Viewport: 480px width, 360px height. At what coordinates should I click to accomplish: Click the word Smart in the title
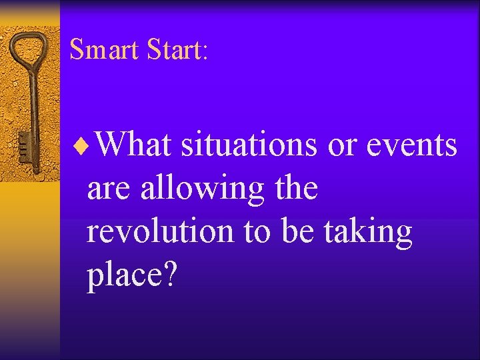pos(104,49)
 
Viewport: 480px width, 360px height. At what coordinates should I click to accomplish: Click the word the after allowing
pos(295,188)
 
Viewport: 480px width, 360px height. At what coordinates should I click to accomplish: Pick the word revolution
pos(160,232)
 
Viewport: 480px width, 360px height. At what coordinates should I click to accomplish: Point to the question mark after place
pos(170,274)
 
